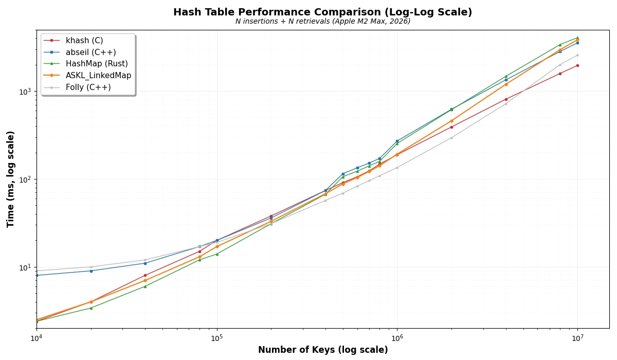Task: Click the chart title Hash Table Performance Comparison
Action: click(x=322, y=12)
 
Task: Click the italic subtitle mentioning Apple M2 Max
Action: click(x=322, y=22)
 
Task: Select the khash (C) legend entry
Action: click(x=84, y=41)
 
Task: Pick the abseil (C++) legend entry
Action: click(x=90, y=52)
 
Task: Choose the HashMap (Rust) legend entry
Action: click(x=97, y=64)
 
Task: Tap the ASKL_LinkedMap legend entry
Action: click(x=98, y=76)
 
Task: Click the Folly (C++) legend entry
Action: click(x=88, y=87)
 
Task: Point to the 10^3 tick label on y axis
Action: click(x=25, y=92)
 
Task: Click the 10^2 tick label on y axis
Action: click(x=25, y=179)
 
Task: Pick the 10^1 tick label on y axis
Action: click(x=25, y=267)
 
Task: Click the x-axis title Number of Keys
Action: click(x=322, y=350)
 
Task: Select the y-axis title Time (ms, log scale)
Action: click(x=11, y=179)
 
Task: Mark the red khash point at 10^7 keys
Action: click(x=577, y=65)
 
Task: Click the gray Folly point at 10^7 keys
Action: click(x=577, y=55)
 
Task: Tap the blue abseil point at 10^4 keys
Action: click(x=37, y=275)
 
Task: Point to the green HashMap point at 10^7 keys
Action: click(x=577, y=38)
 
